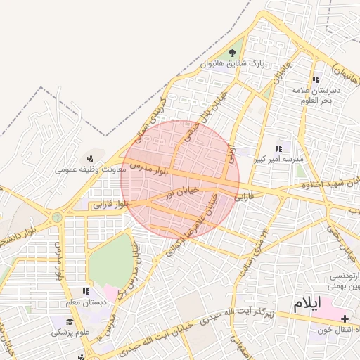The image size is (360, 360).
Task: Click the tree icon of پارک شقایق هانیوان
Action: [x=233, y=53]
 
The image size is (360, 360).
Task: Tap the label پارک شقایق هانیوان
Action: [x=232, y=64]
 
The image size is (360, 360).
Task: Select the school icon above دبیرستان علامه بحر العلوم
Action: [x=316, y=79]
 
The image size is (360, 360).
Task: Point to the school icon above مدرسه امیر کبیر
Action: [x=278, y=148]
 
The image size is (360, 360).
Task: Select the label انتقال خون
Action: [x=337, y=330]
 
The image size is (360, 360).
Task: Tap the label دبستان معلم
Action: [x=84, y=302]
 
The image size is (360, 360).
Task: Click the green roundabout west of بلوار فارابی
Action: [x=57, y=217]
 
